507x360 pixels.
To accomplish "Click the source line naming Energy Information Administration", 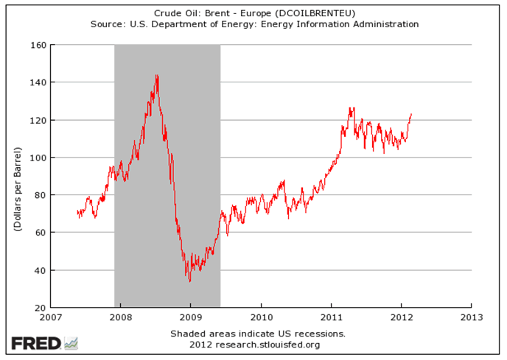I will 254,24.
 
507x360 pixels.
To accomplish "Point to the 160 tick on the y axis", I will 38,45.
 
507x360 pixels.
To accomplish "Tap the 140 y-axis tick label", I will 38,82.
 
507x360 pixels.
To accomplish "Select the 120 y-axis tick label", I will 38,120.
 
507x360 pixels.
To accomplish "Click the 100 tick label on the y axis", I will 38,158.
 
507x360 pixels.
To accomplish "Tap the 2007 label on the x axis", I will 49,318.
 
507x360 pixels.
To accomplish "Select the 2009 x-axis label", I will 190,318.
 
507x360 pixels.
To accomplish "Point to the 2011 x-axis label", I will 331,318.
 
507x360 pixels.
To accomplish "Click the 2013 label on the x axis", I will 472,318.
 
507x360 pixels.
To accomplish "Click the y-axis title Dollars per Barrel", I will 15,177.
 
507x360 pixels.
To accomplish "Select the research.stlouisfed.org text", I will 254,344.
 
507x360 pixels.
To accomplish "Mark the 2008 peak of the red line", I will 157,75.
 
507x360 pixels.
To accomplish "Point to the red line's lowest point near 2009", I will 189,281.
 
